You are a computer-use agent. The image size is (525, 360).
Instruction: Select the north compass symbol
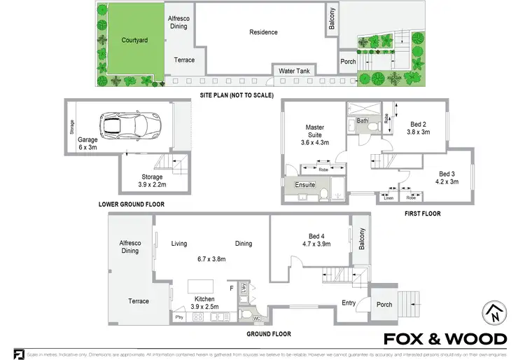coord(493,312)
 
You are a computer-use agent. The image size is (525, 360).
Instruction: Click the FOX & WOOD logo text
coord(446,340)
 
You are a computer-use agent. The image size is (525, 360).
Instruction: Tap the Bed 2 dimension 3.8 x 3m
coord(418,131)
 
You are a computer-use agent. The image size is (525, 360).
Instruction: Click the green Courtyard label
coord(134,41)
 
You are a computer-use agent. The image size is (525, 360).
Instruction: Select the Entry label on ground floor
coord(349,303)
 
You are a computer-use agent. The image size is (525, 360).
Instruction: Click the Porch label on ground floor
coord(384,304)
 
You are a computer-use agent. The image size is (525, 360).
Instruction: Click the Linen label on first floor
coord(388,198)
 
